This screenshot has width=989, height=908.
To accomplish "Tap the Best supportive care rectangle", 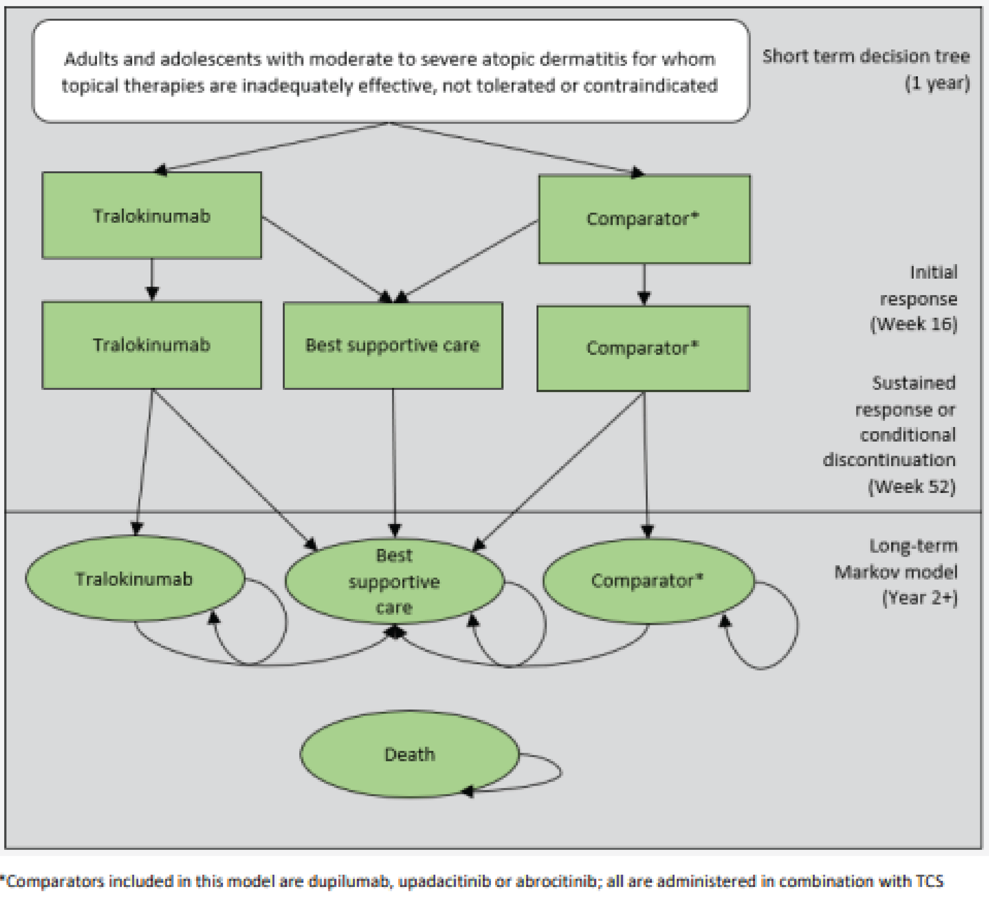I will coord(393,345).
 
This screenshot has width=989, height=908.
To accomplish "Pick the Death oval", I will coord(409,754).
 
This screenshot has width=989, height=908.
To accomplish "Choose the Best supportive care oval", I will coord(394,581).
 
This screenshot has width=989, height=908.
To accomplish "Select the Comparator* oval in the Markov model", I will coord(648,581).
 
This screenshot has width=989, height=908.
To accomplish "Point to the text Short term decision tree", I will coord(866,57).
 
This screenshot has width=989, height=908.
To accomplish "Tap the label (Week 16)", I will coord(914,324).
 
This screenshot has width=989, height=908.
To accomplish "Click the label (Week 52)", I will coord(912,486).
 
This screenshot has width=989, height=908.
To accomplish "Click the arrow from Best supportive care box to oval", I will coord(394,462).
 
